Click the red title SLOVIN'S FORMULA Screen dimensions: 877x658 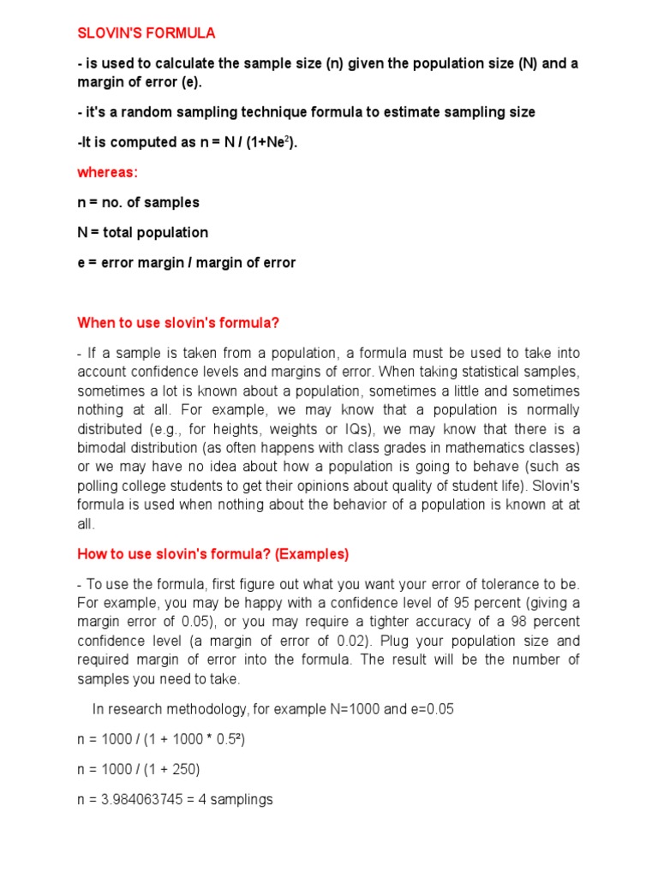coord(147,33)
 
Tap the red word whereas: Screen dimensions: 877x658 coord(107,172)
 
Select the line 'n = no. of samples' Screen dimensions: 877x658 coord(138,202)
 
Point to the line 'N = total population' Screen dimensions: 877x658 coord(142,232)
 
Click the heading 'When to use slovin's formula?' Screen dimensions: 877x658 coord(179,323)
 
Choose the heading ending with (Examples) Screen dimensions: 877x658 coord(213,554)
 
